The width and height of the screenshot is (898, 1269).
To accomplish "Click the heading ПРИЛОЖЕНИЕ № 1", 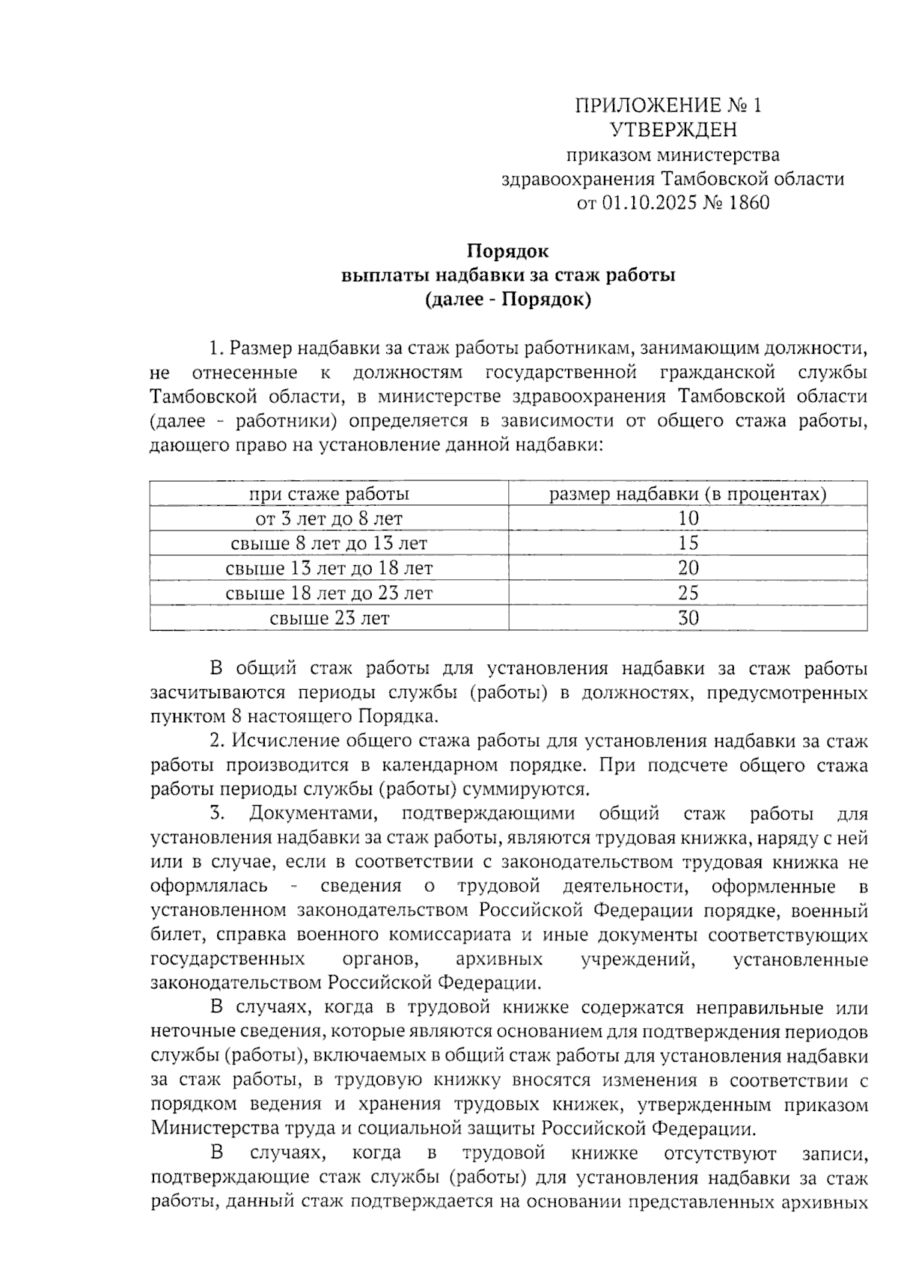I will click(x=668, y=106).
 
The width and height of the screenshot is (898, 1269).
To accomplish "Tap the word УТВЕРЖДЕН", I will click(x=673, y=130).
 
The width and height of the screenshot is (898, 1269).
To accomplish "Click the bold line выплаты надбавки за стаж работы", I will click(x=508, y=275).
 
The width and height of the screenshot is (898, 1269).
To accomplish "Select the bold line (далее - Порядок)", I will click(x=508, y=300).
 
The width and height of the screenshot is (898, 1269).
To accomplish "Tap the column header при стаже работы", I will click(x=329, y=494).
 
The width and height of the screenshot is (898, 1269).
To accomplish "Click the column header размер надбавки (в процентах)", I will click(x=688, y=494).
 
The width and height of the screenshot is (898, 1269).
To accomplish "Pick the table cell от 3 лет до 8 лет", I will click(x=329, y=519).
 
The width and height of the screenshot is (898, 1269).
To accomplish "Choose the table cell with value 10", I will click(x=688, y=519).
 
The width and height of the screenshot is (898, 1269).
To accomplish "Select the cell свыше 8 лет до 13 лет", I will click(x=329, y=543).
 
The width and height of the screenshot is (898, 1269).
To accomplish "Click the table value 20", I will click(x=688, y=568).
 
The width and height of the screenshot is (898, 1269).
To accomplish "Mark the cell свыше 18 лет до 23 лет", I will click(x=329, y=593).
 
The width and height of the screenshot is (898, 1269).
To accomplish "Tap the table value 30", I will click(x=688, y=618).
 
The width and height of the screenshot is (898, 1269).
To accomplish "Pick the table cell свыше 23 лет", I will click(x=329, y=618).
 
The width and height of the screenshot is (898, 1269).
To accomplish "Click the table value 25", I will click(x=688, y=593).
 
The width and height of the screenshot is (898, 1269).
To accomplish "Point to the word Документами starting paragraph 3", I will click(x=315, y=813).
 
